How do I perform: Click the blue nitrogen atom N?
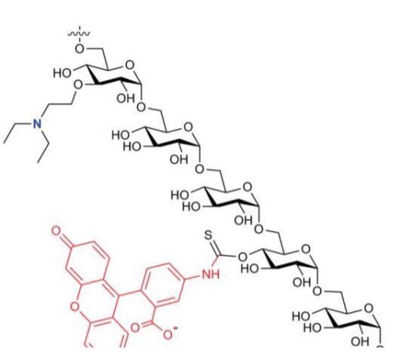point(38,123)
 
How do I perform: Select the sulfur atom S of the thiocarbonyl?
point(208,235)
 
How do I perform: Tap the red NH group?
point(211,274)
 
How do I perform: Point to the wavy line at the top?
point(79,33)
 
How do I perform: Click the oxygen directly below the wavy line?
point(79,48)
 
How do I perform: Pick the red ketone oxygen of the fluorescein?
point(56,231)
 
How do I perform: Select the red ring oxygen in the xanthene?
point(75,307)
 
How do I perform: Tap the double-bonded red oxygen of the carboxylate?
point(135,328)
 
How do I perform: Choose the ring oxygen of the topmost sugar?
point(130,64)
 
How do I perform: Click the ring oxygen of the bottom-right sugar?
point(368,309)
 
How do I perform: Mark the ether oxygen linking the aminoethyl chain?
point(78,85)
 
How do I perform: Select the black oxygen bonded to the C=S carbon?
point(242,257)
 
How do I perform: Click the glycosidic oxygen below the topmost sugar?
point(141,106)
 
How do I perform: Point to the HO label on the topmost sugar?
point(62,73)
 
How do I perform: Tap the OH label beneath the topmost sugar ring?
point(126,98)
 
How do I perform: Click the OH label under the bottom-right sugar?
point(360,342)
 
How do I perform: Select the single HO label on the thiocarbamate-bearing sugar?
point(250,269)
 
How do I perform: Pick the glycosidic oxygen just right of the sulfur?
point(259,229)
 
